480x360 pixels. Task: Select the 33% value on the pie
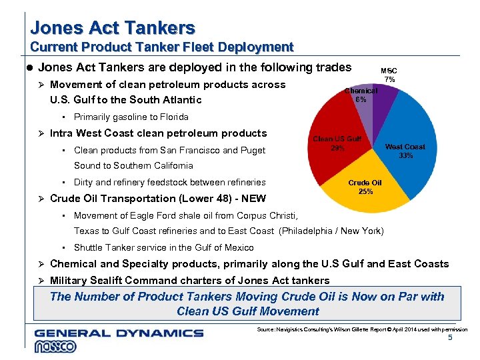pyautogui.click(x=405, y=155)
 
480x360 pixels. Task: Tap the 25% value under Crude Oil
pyautogui.click(x=365, y=191)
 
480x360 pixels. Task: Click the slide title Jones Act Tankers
pyautogui.click(x=113, y=28)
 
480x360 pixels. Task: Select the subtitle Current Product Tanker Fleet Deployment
pyautogui.click(x=162, y=47)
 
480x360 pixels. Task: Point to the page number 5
pyautogui.click(x=450, y=339)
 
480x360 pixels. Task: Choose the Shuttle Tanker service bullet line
pyautogui.click(x=163, y=247)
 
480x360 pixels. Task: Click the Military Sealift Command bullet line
pyautogui.click(x=189, y=280)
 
